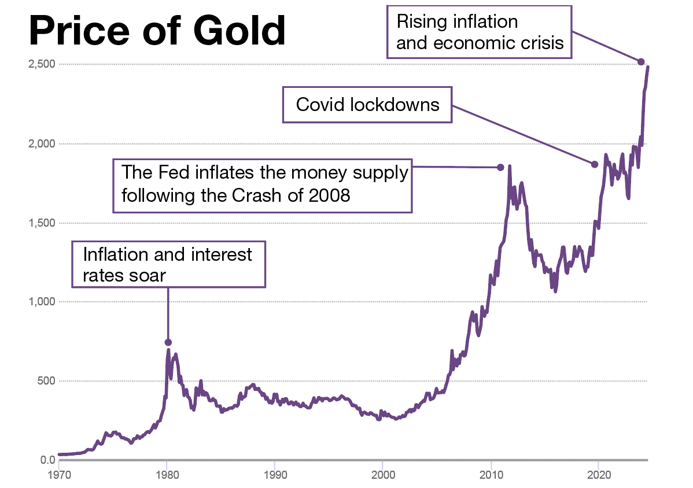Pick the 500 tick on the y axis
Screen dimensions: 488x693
coord(47,381)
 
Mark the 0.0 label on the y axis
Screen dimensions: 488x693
coord(47,460)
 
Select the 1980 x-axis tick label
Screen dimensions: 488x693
coord(167,472)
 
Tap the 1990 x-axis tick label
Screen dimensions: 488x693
coord(274,472)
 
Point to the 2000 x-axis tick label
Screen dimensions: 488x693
coord(382,472)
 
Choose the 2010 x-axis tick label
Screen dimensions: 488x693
coord(491,472)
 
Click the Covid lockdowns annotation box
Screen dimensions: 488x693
coord(367,105)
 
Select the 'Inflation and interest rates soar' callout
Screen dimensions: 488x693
coord(168,264)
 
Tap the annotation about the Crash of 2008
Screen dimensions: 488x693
coord(262,186)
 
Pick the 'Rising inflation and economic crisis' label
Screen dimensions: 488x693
coord(480,32)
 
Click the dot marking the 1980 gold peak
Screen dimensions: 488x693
coord(168,342)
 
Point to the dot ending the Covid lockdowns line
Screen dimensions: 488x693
coord(594,164)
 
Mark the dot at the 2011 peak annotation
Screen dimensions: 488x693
coord(500,168)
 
